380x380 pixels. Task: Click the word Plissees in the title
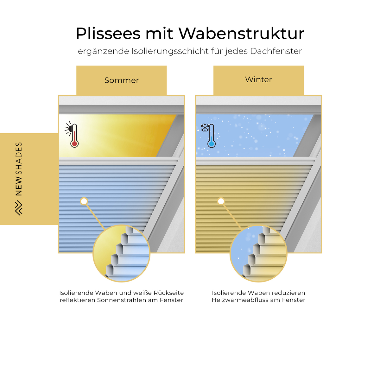click(108, 34)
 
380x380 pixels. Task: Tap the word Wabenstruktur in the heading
click(242, 34)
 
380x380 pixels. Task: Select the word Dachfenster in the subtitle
click(276, 51)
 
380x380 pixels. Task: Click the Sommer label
click(122, 80)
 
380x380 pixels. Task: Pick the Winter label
click(258, 79)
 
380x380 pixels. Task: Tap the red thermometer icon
click(74, 136)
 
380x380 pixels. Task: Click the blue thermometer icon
click(212, 136)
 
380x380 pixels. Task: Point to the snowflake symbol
click(205, 128)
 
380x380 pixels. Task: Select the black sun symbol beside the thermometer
click(68, 129)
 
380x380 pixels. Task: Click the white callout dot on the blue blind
click(84, 201)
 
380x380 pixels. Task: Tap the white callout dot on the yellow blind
click(221, 201)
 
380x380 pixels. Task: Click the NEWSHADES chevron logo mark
click(19, 208)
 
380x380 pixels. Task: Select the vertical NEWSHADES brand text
click(19, 169)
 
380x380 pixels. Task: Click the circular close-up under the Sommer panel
click(122, 253)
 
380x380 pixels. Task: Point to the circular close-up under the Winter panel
click(258, 253)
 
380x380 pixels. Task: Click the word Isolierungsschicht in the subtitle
click(170, 51)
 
